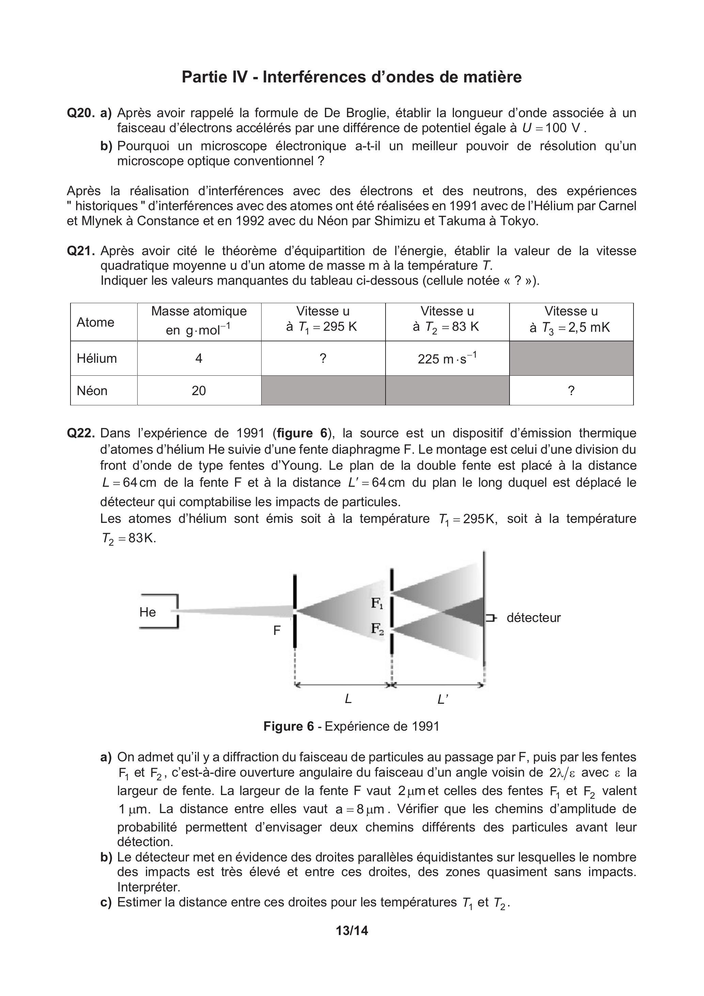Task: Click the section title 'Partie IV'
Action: point(214,77)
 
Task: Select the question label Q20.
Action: point(80,113)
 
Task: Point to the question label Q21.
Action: point(80,251)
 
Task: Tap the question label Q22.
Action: point(80,433)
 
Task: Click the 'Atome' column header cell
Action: point(95,322)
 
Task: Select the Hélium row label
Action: point(97,358)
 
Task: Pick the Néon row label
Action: point(92,390)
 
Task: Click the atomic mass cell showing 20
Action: point(199,390)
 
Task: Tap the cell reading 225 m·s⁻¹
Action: point(447,358)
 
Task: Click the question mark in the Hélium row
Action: point(323,358)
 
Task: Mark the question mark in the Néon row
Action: point(571,390)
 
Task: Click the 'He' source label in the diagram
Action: point(147,612)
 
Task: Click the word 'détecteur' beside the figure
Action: point(533,618)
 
